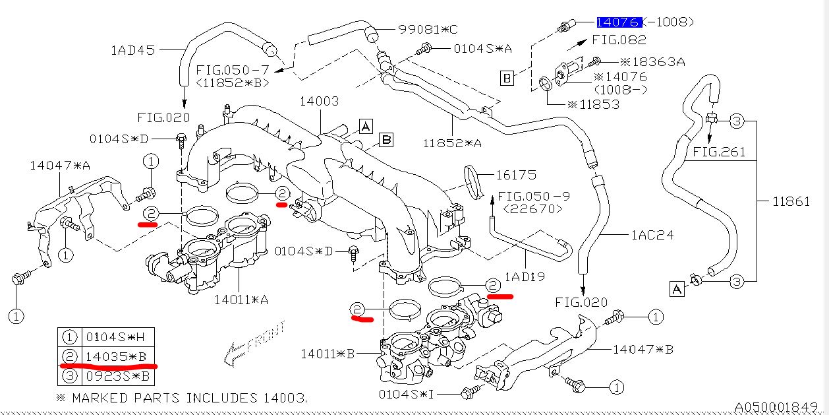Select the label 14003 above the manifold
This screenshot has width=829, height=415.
pyautogui.click(x=320, y=101)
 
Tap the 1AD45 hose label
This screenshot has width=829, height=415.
pyautogui.click(x=133, y=49)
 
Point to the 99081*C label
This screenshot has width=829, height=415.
pyautogui.click(x=428, y=29)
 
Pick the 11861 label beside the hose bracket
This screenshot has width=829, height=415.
pyautogui.click(x=791, y=202)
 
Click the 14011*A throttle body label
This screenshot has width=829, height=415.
pyautogui.click(x=241, y=300)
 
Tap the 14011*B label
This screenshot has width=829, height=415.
pyautogui.click(x=328, y=354)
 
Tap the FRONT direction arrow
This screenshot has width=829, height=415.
pyautogui.click(x=254, y=344)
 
